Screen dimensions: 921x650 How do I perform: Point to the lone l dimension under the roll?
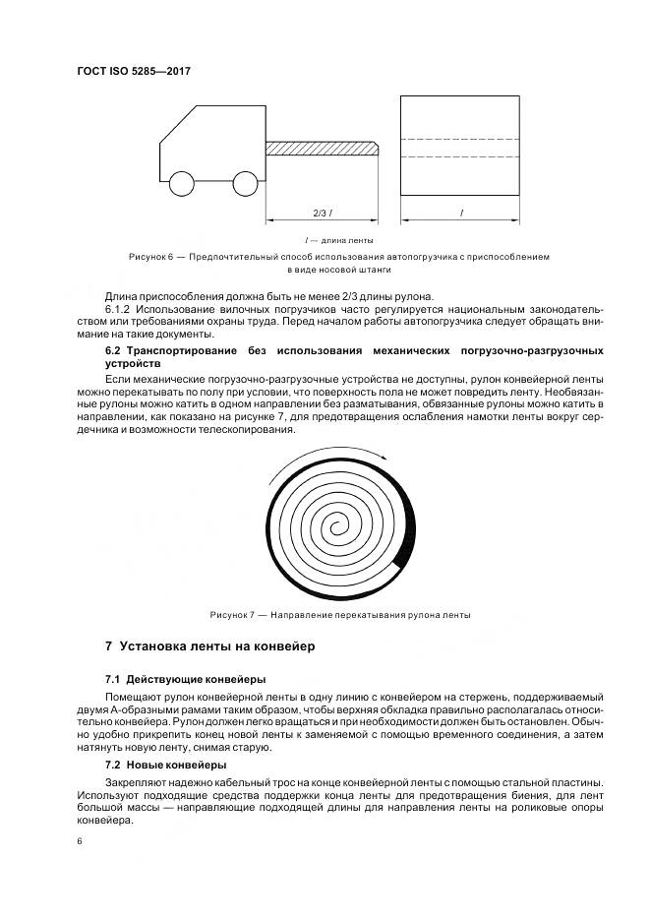click(460, 213)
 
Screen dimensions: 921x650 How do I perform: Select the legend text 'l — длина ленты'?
click(338, 239)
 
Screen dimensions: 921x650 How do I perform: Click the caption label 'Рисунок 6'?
click(150, 256)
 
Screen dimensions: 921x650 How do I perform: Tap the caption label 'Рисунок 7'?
click(232, 615)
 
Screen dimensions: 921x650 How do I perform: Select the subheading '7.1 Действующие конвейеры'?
click(185, 680)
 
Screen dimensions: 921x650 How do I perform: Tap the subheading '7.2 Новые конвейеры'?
click(166, 765)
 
